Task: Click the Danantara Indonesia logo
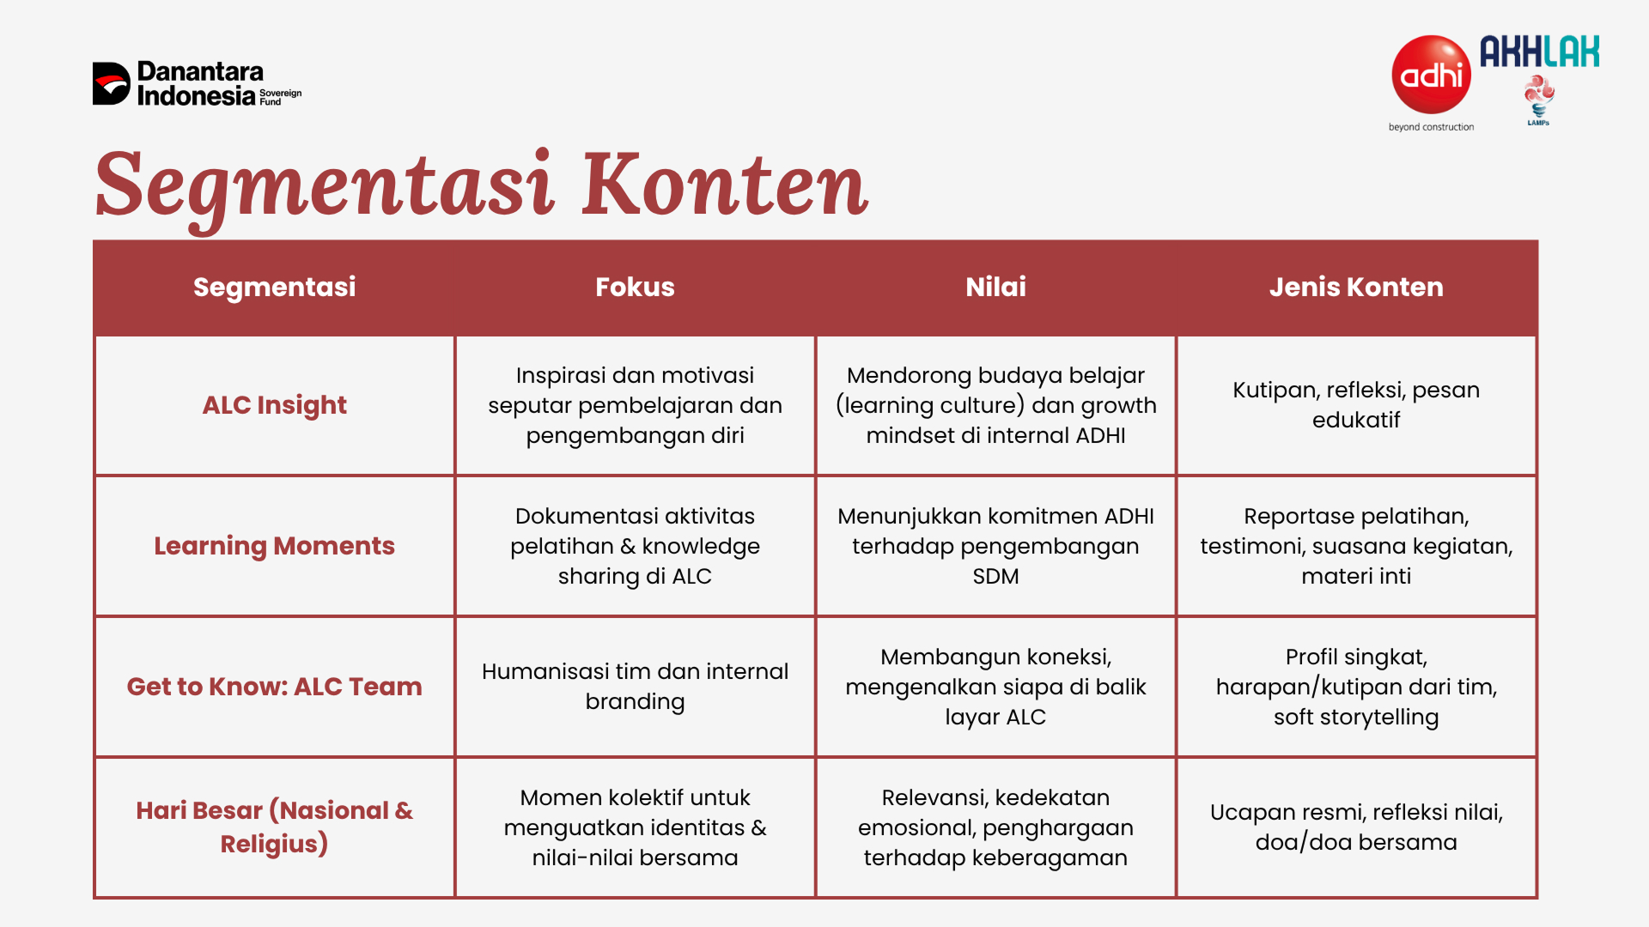[198, 83]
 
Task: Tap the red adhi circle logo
[1431, 75]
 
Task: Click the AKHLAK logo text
[1539, 51]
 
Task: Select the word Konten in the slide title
[725, 185]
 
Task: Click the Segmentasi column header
[274, 287]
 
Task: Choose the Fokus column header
[635, 287]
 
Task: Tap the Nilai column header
[995, 287]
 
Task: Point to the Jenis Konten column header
[1356, 287]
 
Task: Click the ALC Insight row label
[274, 405]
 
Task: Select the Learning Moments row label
[274, 546]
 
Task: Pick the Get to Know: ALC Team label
[274, 687]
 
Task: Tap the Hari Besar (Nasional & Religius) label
[274, 827]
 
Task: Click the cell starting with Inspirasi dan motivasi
[635, 405]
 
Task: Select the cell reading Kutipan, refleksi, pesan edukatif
[1356, 405]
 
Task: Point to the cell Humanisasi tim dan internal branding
[635, 687]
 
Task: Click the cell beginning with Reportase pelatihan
[1356, 546]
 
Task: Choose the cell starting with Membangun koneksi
[995, 687]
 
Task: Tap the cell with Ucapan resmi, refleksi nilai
[1356, 827]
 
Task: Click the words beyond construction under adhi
[1431, 127]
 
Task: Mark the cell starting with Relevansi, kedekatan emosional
[995, 827]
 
